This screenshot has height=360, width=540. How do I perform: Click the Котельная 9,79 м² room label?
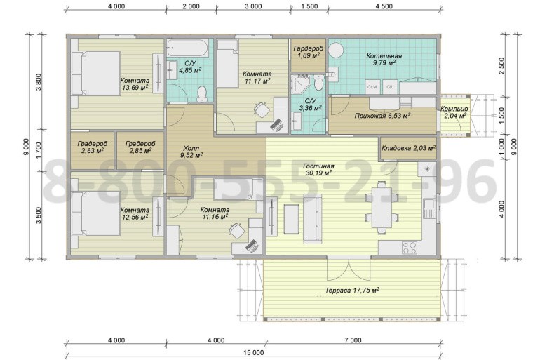click(384, 59)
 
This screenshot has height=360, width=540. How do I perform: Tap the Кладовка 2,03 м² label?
click(408, 148)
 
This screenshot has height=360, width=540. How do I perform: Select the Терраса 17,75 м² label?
click(352, 290)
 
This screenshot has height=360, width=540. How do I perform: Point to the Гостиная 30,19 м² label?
click(318, 170)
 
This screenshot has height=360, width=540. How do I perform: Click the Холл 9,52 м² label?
click(191, 152)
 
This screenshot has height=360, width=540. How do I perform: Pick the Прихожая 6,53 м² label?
click(382, 116)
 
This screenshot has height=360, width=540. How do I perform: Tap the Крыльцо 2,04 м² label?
click(454, 112)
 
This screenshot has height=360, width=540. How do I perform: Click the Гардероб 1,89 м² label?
click(309, 52)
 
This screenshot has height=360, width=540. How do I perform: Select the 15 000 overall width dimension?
click(253, 353)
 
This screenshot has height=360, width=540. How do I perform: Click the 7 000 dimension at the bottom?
click(353, 340)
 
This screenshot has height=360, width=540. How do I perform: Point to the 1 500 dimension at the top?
click(309, 6)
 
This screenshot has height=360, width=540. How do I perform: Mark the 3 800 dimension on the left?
click(39, 81)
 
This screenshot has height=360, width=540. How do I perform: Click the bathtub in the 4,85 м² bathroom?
click(188, 48)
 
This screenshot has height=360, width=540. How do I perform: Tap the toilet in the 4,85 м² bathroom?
click(202, 94)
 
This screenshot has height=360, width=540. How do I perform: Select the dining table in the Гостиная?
click(382, 208)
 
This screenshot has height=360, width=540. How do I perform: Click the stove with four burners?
click(410, 247)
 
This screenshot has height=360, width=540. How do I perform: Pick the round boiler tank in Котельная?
click(336, 51)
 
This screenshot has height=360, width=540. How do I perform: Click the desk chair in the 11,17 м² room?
click(262, 110)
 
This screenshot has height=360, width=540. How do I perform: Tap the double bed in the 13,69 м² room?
click(96, 73)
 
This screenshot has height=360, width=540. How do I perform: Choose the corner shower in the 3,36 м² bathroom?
click(300, 85)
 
